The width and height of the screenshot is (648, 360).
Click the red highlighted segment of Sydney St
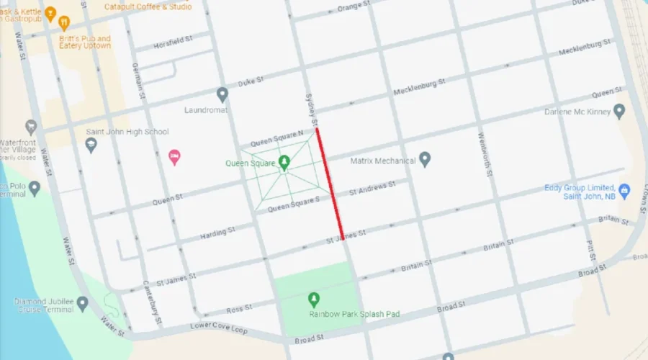coord(329,183)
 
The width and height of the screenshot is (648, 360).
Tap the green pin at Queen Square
coord(284,161)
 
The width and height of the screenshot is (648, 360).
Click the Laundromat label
coord(205,110)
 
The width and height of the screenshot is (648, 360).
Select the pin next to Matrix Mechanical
coord(425,158)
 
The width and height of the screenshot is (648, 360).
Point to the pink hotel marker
coord(174,157)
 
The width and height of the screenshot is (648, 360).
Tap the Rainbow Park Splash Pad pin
coord(313,299)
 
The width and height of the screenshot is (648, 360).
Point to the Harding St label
coord(217,233)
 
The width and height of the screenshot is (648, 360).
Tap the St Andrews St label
coord(372,189)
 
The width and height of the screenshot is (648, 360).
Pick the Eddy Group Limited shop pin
coord(624,191)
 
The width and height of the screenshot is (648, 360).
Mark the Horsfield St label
coord(175,45)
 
